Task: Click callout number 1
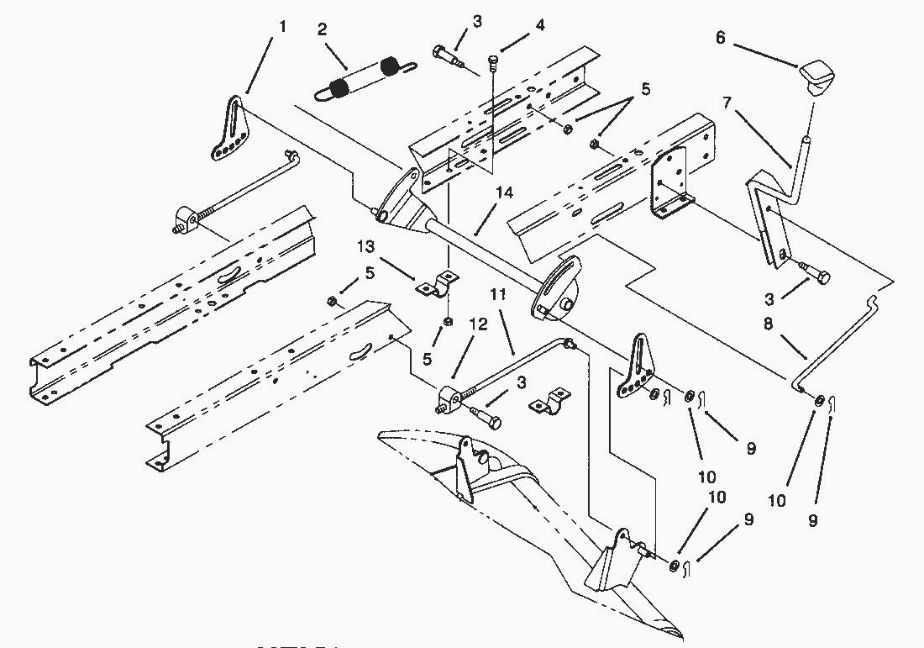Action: [282, 27]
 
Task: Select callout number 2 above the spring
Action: [323, 29]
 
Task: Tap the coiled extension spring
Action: [360, 77]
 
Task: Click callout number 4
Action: [540, 26]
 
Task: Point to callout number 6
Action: [721, 37]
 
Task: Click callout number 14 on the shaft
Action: [503, 193]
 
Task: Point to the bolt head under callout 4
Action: [494, 60]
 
